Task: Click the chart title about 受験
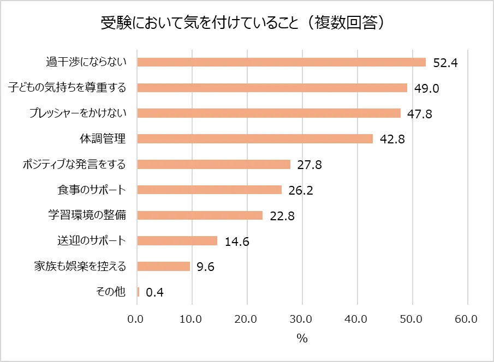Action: [247, 23]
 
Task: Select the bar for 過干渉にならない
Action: [281, 62]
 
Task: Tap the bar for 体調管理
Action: [254, 138]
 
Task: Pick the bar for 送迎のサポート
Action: [177, 241]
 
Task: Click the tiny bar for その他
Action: [138, 292]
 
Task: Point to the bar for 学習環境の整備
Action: [199, 215]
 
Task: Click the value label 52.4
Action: [445, 63]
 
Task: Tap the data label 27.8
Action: [310, 165]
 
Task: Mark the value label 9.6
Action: [206, 267]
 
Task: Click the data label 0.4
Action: [155, 293]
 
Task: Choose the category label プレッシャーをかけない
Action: [78, 113]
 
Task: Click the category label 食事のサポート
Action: [92, 190]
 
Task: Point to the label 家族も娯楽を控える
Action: [80, 267]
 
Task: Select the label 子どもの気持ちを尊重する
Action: [67, 88]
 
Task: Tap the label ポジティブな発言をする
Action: [74, 164]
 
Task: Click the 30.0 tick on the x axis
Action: [301, 319]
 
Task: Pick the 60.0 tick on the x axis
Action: [467, 319]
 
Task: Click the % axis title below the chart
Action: [302, 339]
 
